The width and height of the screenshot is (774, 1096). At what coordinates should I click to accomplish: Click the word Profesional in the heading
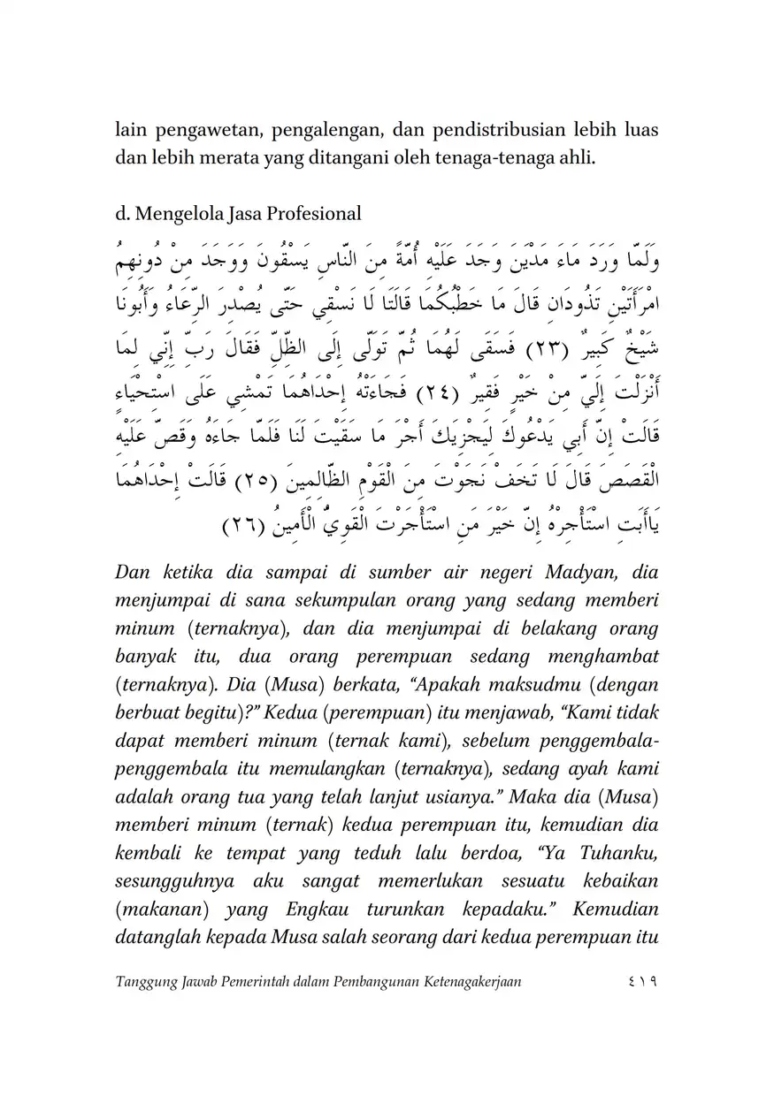click(x=316, y=213)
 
